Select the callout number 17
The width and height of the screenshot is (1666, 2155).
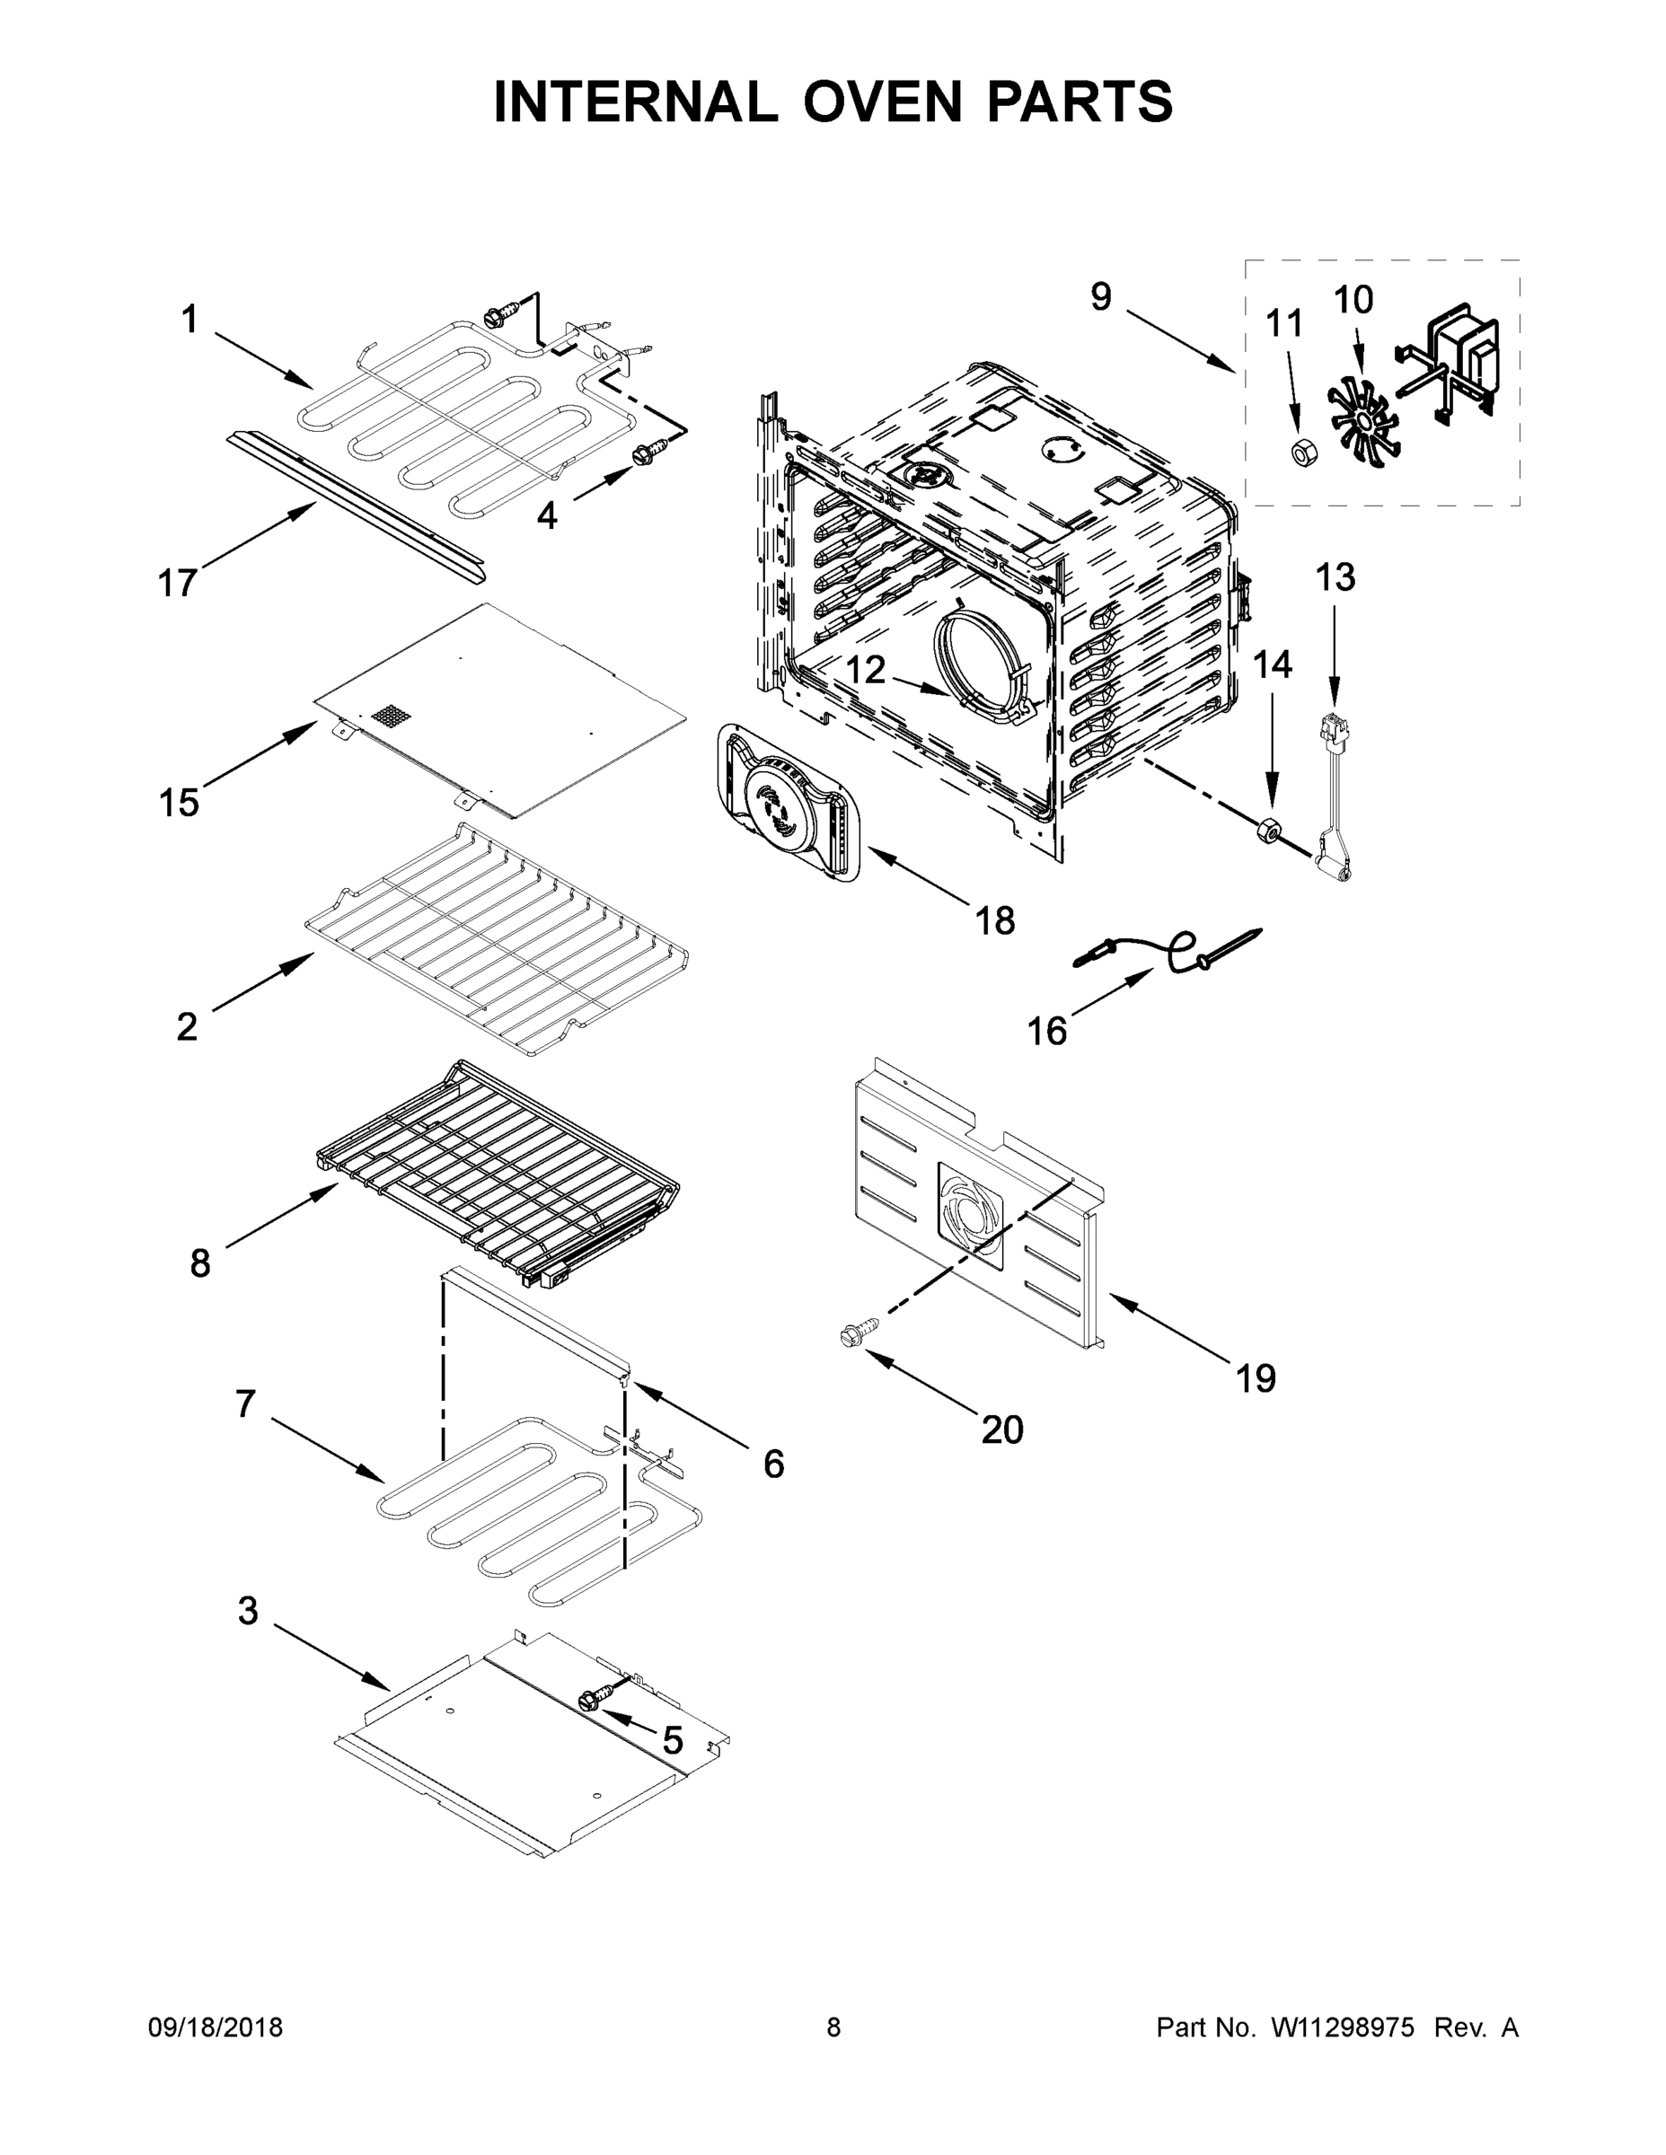pos(178,583)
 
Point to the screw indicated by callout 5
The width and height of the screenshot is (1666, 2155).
pos(590,1698)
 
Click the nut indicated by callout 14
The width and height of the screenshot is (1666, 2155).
pos(1268,831)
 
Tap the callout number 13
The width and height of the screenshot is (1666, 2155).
pos(1335,577)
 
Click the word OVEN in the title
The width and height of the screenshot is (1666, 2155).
pos(881,101)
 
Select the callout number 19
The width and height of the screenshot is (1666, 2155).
pos(1256,1378)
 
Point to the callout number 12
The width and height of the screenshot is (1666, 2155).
pos(866,671)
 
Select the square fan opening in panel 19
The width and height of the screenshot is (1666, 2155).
pos(968,1214)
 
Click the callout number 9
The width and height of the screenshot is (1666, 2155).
pos(1100,296)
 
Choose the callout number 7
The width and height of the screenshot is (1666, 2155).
pos(245,1403)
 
